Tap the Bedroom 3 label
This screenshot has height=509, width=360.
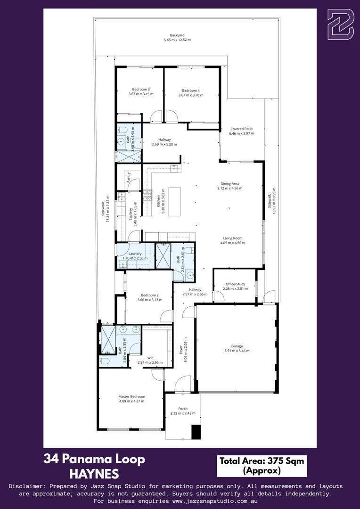point(141,90)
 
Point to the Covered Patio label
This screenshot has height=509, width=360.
point(241,129)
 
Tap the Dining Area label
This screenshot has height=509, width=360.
point(230,183)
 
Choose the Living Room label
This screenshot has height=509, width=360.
point(233,238)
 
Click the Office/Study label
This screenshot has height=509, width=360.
point(235,284)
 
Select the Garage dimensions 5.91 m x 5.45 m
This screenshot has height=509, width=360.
point(237,351)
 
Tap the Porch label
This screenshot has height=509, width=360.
point(183,409)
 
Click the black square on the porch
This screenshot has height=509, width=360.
point(196,432)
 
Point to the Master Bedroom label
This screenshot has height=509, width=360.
point(131,396)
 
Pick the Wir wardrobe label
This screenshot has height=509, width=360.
point(150,358)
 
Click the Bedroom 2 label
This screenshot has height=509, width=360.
point(148,295)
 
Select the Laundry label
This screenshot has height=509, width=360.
point(135,253)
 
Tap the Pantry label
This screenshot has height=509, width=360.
point(129,177)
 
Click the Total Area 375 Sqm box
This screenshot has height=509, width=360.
point(262,466)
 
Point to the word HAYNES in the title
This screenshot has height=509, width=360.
point(94,473)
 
